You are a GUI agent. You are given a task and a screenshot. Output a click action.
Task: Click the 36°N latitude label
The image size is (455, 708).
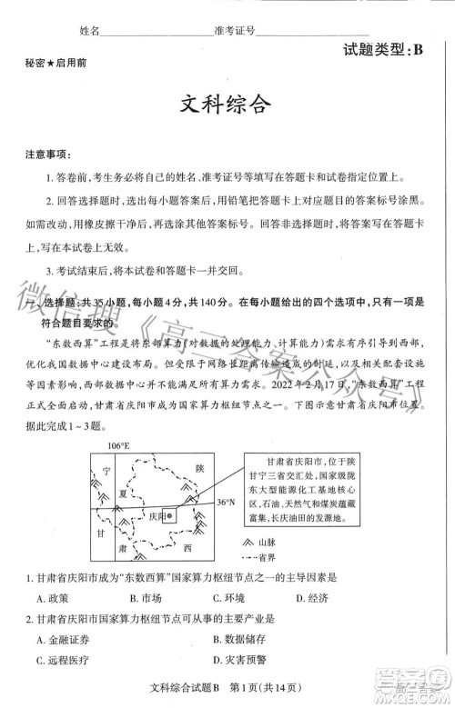click(226, 502)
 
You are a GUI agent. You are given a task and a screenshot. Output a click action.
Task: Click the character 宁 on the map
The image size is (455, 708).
click(106, 470)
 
